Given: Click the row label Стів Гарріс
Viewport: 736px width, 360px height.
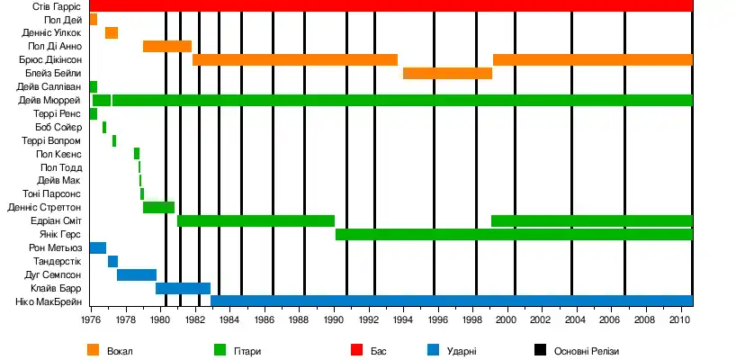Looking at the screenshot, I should pyautogui.click(x=57, y=6).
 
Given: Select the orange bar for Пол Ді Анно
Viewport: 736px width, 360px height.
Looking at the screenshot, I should pyautogui.click(x=167, y=46).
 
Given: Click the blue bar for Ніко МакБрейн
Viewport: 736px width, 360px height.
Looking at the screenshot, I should pyautogui.click(x=451, y=301).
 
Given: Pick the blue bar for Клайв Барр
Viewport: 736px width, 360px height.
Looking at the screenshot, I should pyautogui.click(x=183, y=288).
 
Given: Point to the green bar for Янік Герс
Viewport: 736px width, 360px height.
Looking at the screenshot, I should pyautogui.click(x=514, y=234).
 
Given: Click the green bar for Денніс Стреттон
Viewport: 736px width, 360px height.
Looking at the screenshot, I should pyautogui.click(x=158, y=207).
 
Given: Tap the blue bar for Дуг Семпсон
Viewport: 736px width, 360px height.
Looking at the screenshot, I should pyautogui.click(x=137, y=274).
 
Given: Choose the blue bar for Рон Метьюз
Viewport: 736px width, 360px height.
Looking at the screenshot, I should pyautogui.click(x=98, y=247).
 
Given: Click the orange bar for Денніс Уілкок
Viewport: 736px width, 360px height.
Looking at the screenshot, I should pyautogui.click(x=112, y=32).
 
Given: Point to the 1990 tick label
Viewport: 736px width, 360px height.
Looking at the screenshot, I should pyautogui.click(x=333, y=319).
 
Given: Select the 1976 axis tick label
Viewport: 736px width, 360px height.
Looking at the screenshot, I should pyautogui.click(x=91, y=319).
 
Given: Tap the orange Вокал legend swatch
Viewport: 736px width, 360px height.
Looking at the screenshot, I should pyautogui.click(x=94, y=350).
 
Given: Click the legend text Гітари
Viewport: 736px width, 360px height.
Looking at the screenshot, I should pyautogui.click(x=248, y=351).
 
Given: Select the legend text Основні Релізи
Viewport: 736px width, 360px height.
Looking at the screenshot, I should pyautogui.click(x=588, y=351).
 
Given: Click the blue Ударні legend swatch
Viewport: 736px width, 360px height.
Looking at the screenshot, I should pyautogui.click(x=433, y=350).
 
